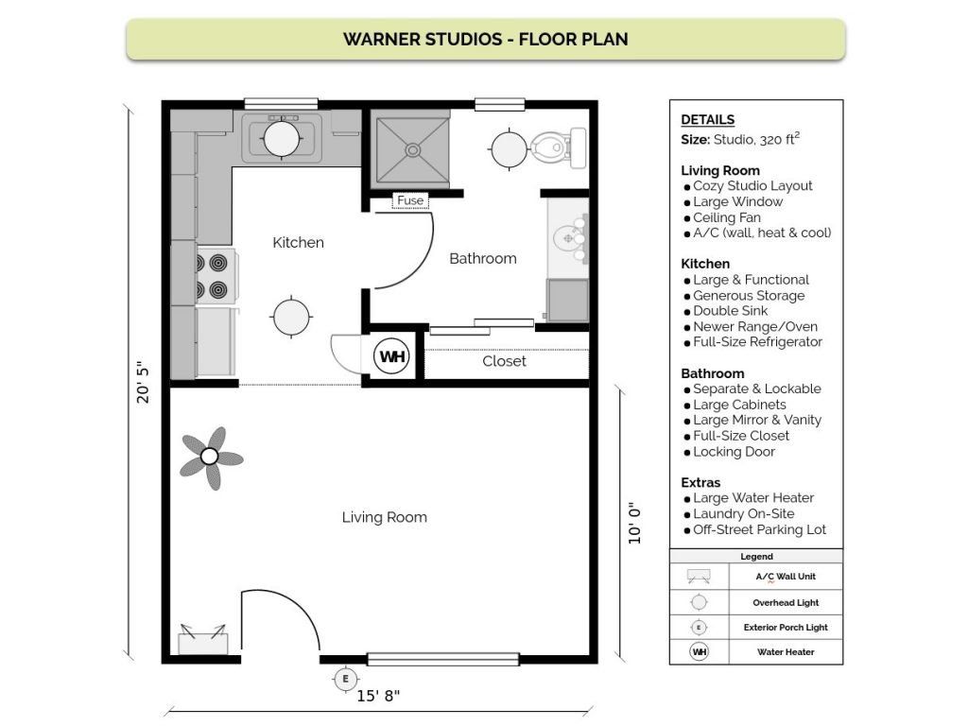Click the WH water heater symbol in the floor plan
[x=391, y=357]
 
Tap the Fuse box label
[x=410, y=200]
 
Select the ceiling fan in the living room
[x=210, y=458]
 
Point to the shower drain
[x=412, y=148]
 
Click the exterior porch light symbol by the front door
[x=345, y=679]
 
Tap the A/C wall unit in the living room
[x=203, y=639]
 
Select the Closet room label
[x=504, y=361]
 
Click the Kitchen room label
[x=298, y=243]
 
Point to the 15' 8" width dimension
[x=378, y=697]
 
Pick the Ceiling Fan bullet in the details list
[x=727, y=217]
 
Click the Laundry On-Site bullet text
[x=746, y=513]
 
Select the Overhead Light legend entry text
[x=786, y=602]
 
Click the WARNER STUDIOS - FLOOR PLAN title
[x=486, y=40]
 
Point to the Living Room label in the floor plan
[x=384, y=517]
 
